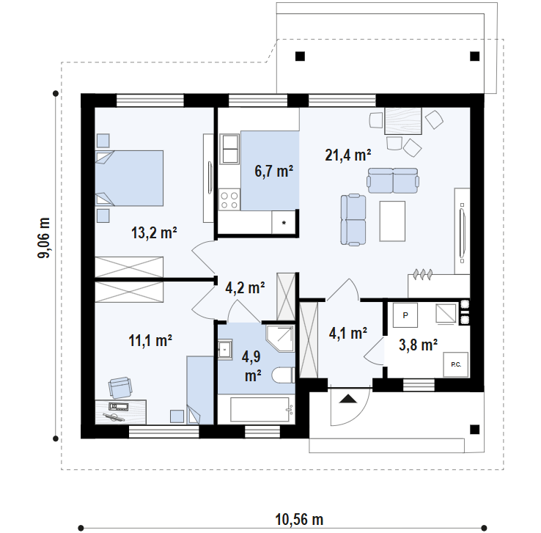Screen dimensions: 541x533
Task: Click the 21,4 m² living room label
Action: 347,155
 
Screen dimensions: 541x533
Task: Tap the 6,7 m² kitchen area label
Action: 274,171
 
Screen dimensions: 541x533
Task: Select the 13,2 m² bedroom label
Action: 154,232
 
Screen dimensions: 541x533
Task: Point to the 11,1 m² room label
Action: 150,340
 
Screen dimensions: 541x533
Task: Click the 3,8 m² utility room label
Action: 418,345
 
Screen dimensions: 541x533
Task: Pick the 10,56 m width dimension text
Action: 299,520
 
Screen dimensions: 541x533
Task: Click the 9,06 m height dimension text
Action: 44,238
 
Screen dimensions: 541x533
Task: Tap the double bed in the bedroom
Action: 129,178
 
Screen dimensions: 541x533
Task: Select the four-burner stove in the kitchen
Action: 229,199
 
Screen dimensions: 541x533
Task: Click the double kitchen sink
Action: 229,149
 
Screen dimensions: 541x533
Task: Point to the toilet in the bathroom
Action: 283,375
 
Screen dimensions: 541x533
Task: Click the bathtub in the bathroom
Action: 260,410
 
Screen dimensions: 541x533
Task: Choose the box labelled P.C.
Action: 456,364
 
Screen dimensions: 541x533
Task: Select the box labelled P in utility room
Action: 405,315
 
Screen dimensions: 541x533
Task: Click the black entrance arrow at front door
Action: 347,399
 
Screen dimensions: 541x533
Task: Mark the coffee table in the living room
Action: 392,221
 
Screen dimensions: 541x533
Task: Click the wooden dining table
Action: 403,121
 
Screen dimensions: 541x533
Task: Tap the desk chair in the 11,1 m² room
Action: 119,387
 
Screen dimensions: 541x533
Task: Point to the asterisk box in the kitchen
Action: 284,223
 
